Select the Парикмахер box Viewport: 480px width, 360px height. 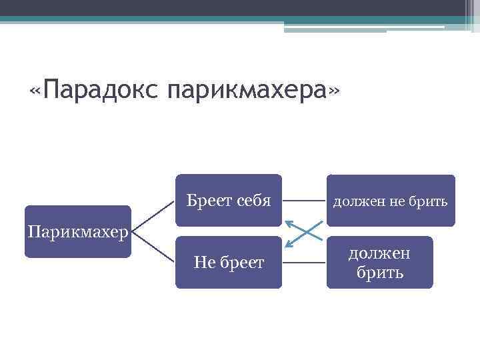pos(77,233)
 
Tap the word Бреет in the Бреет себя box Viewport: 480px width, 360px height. pos(207,199)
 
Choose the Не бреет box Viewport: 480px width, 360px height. pos(228,262)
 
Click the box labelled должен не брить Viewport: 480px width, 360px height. pos(391,199)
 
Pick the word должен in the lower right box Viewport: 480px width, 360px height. pos(379,253)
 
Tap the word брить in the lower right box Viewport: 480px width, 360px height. pos(379,272)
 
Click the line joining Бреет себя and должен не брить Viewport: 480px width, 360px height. pos(304,199)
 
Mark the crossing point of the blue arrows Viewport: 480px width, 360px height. pos(305,231)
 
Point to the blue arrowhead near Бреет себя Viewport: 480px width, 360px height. pos(288,223)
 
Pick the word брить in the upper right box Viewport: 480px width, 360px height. pos(435,200)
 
